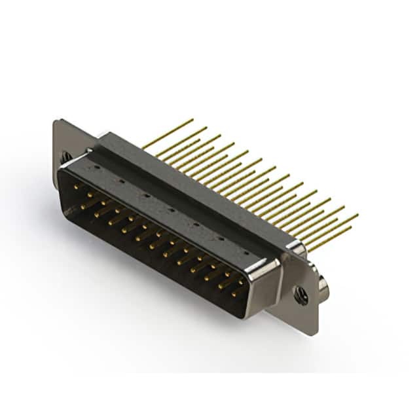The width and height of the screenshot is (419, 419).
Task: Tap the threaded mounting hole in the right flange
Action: pos(301,296)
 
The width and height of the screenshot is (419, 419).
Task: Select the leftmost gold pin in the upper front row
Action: pos(76,187)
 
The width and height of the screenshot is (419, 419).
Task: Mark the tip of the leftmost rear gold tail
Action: pos(192,120)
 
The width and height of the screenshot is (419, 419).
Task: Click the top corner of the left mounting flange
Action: pos(60,120)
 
